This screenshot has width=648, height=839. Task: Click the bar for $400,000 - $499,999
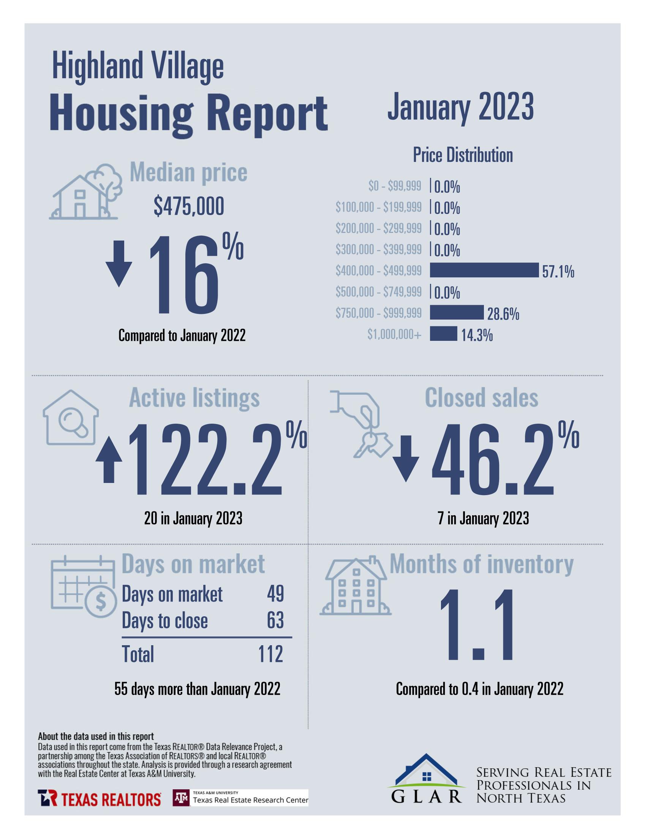[x=484, y=270]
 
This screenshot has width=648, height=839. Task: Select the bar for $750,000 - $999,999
[x=456, y=312]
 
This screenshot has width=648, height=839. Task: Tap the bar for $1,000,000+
[x=443, y=334]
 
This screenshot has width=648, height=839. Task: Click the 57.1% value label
[x=558, y=272]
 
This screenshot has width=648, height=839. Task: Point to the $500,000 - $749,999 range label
[x=378, y=292]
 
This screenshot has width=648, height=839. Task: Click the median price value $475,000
[x=189, y=206]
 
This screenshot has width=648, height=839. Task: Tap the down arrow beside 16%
[x=119, y=264]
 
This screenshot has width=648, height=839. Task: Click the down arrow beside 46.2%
[x=406, y=458]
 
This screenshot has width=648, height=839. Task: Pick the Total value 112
[x=270, y=654]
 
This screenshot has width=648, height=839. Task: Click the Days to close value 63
[x=275, y=621]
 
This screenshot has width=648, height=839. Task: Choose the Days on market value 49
[x=275, y=594]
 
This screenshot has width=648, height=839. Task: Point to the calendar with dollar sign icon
[x=83, y=586]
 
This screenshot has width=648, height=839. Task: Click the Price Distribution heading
[x=463, y=155]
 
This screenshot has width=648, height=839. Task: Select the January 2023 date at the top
[x=460, y=107]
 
